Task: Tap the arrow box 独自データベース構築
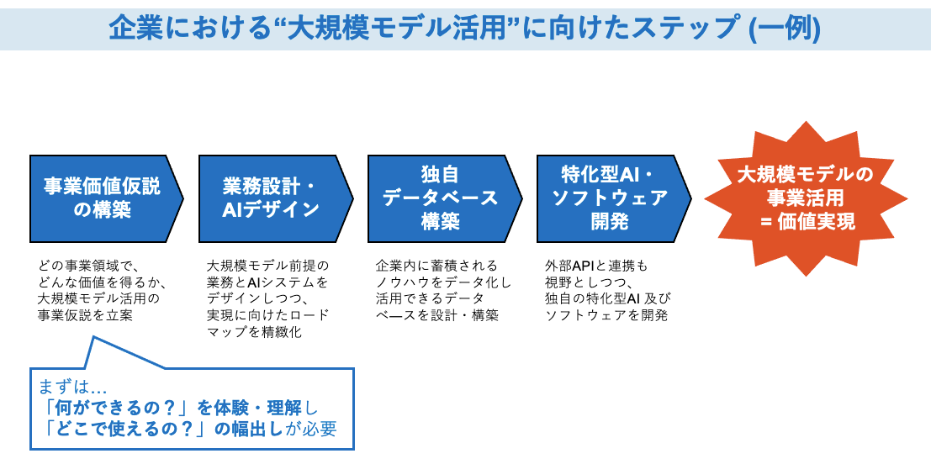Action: (x=440, y=198)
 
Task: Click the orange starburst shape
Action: (x=805, y=198)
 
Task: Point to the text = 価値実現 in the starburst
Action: (x=805, y=222)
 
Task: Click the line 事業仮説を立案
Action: (x=85, y=315)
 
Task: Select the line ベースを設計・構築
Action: (x=437, y=315)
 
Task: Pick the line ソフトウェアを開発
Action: (x=606, y=315)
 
